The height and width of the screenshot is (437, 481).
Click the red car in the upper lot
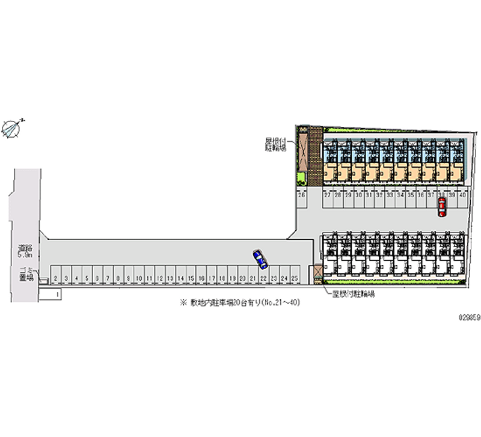(x=442, y=207)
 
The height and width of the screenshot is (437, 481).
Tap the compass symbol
(x=12, y=128)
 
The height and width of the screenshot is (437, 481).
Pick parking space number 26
(x=301, y=195)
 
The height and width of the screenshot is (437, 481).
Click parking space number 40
(x=462, y=195)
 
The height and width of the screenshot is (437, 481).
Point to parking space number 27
(x=328, y=195)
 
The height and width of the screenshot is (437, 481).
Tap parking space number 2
(x=55, y=278)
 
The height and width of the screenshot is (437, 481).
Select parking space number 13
(x=170, y=278)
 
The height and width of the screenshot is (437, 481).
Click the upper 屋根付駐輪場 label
(x=278, y=145)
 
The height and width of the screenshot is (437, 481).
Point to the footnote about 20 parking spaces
(x=240, y=303)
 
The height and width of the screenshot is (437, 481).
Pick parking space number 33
(x=390, y=195)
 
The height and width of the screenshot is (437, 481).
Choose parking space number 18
(x=222, y=278)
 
